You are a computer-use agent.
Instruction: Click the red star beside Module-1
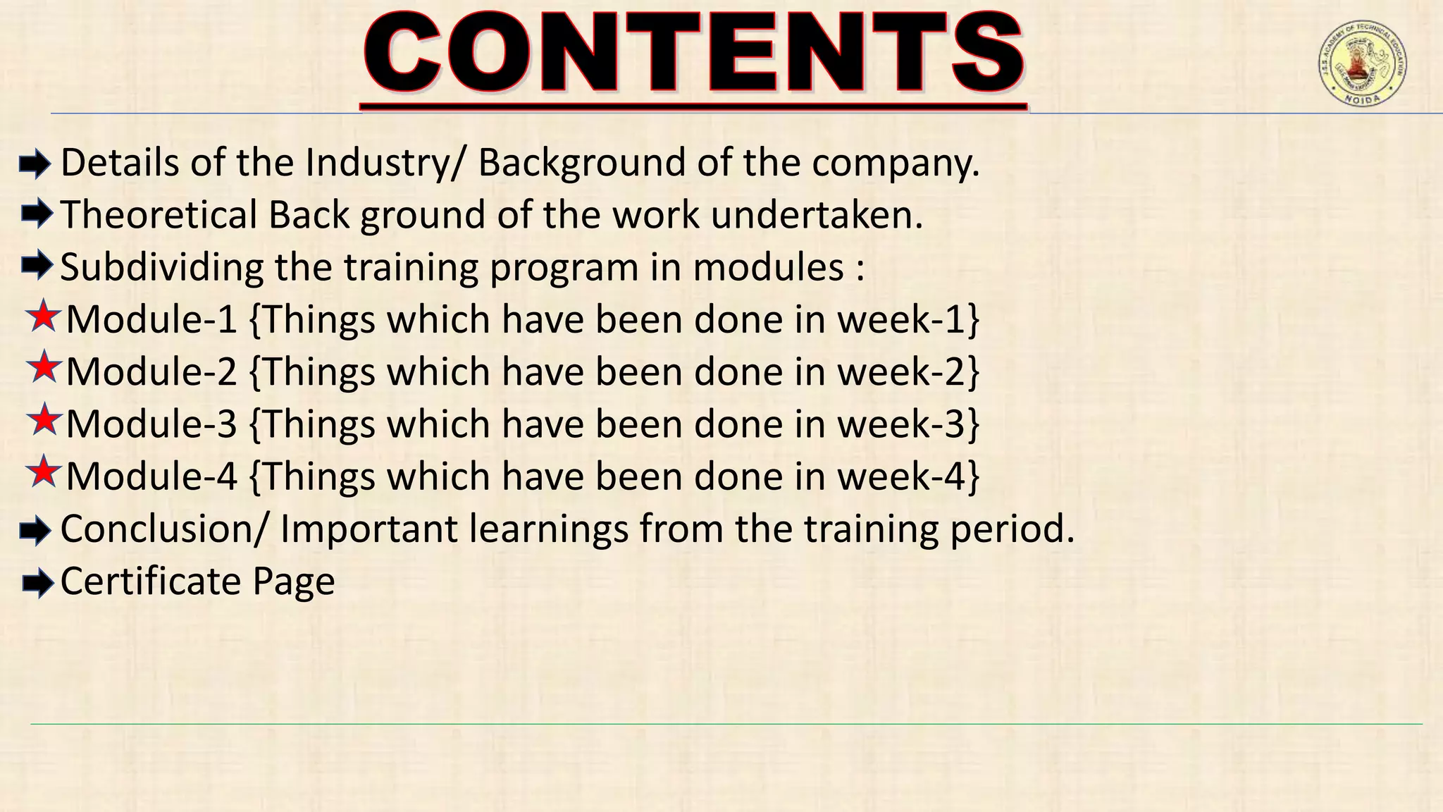coord(44,316)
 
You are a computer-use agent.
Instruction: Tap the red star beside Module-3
coord(44,421)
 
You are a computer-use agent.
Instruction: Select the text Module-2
coord(151,372)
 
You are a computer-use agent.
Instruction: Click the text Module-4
coord(151,476)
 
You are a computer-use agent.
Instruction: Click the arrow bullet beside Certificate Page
coord(37,583)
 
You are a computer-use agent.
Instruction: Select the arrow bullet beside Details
coord(35,165)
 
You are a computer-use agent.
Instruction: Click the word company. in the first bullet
coord(896,164)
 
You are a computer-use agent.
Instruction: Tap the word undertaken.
coord(817,215)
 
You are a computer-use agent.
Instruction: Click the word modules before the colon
coord(768,268)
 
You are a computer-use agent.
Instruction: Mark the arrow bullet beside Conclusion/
coord(35,531)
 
